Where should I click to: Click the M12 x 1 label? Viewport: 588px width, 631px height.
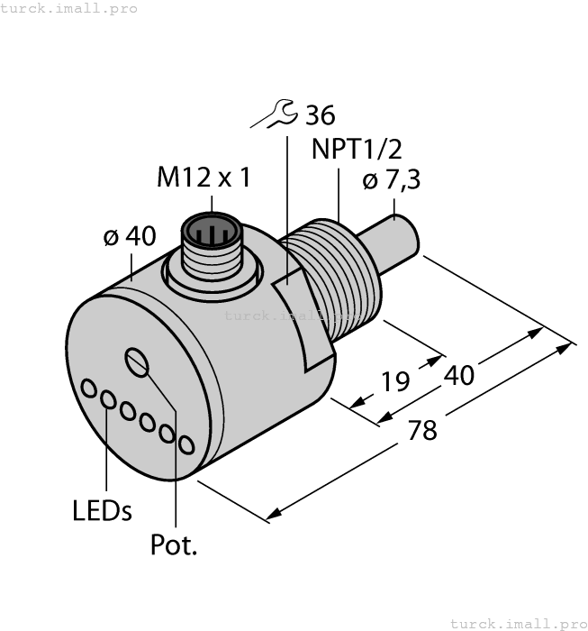coord(204,178)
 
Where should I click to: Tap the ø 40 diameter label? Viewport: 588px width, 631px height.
coord(129,237)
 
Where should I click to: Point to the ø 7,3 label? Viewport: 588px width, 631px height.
coord(392,181)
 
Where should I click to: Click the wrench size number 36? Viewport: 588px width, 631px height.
coord(320,115)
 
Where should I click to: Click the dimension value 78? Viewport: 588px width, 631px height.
coord(421,430)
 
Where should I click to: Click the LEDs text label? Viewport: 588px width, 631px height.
coord(102,510)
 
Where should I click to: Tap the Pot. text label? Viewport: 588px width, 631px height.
coord(174,544)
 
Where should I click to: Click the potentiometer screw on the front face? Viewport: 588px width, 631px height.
coord(138,362)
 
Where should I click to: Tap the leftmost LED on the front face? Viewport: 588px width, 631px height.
coord(90,389)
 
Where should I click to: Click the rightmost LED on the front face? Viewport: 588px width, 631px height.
coord(186,444)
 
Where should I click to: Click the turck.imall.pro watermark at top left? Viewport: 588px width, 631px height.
coord(69,8)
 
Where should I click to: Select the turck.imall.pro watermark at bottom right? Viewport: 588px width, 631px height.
coord(518,623)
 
